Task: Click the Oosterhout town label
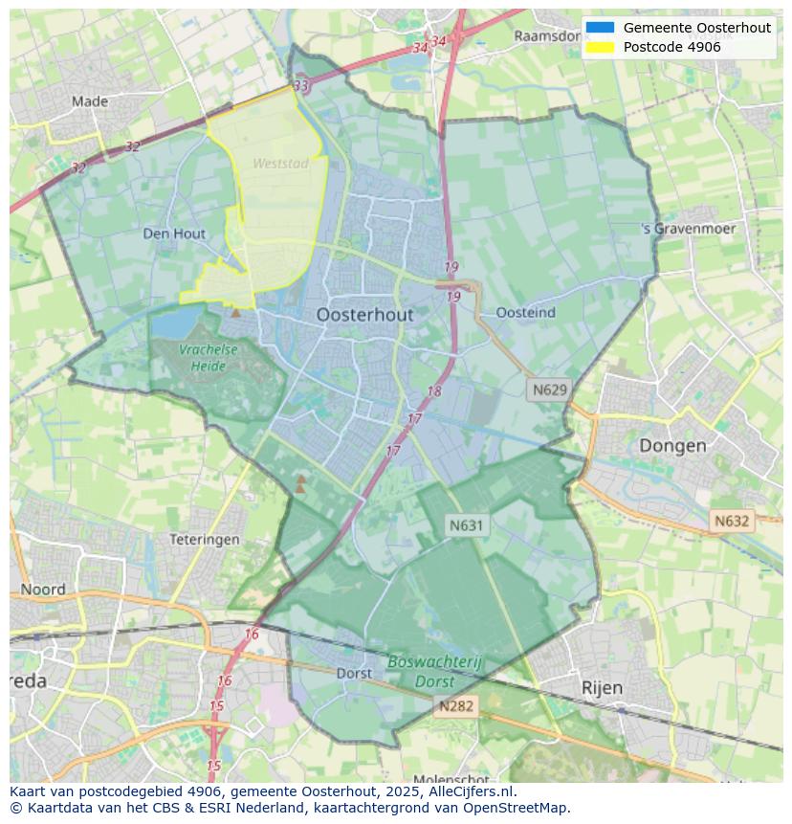(x=364, y=314)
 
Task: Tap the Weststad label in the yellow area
(x=280, y=164)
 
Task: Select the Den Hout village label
(x=174, y=234)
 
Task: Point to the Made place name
(x=90, y=101)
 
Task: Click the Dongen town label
(x=672, y=445)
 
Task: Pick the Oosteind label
(x=526, y=313)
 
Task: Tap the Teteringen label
(x=205, y=540)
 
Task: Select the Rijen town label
(x=602, y=687)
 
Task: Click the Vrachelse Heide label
(x=208, y=357)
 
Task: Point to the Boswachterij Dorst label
(x=436, y=672)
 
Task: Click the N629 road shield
(x=550, y=390)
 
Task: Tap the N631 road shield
(x=467, y=524)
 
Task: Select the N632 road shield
(x=732, y=521)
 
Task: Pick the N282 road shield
(x=456, y=706)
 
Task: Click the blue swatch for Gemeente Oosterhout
(x=600, y=28)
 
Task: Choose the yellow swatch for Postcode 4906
(x=600, y=47)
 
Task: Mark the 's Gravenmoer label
(x=689, y=229)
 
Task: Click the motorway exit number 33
(x=301, y=86)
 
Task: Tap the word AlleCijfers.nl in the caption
(x=470, y=791)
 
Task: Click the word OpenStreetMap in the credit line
(x=517, y=808)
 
